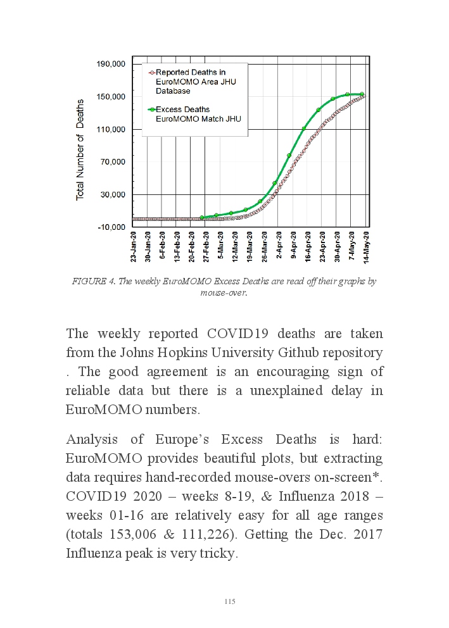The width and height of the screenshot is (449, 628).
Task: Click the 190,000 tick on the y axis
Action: pos(111,64)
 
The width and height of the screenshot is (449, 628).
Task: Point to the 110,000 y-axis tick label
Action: pos(111,129)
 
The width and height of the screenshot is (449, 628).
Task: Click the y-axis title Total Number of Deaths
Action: pos(80,149)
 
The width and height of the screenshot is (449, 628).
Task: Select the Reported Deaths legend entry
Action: pos(190,81)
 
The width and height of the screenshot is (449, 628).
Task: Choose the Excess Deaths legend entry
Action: pos(196,114)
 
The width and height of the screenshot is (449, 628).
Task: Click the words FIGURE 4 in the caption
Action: pos(92,281)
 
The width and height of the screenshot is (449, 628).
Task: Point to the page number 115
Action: pos(230,601)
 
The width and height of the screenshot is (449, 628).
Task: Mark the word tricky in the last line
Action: pos(215,553)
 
